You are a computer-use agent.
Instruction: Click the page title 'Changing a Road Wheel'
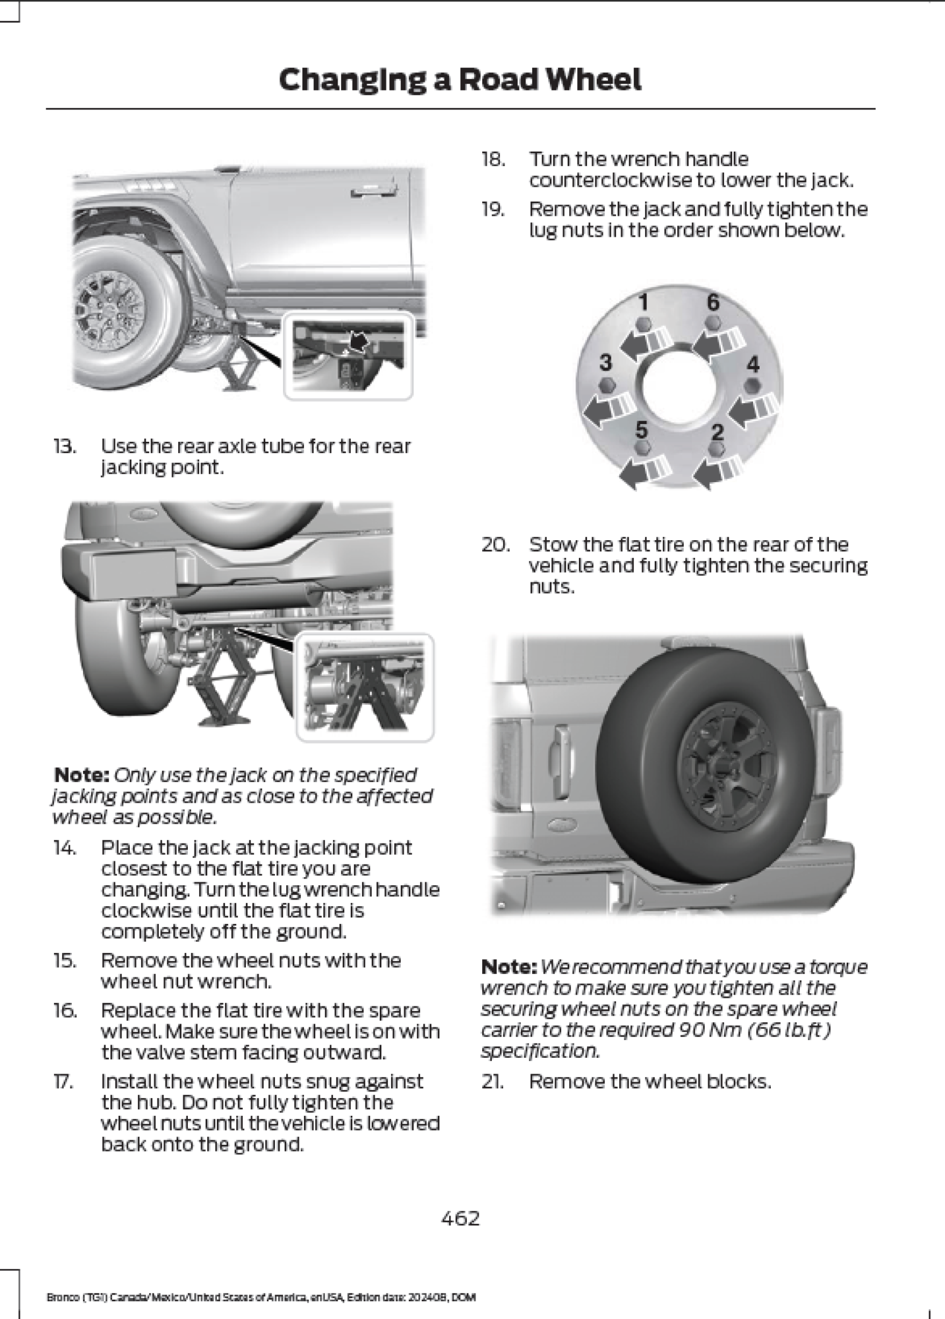point(460,80)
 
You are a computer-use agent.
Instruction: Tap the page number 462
point(460,1217)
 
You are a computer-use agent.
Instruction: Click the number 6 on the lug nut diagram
point(713,302)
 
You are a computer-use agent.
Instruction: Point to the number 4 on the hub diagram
point(752,364)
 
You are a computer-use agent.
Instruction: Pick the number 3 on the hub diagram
point(605,362)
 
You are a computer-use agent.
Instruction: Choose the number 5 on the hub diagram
point(641,430)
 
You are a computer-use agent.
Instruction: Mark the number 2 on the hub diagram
point(718,432)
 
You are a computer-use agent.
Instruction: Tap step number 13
point(65,446)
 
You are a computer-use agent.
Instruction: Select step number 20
point(495,545)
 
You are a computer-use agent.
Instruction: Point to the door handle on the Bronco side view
point(373,192)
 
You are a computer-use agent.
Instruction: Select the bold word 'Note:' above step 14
point(81,775)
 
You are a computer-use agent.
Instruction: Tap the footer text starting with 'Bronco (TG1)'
point(261,1297)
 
